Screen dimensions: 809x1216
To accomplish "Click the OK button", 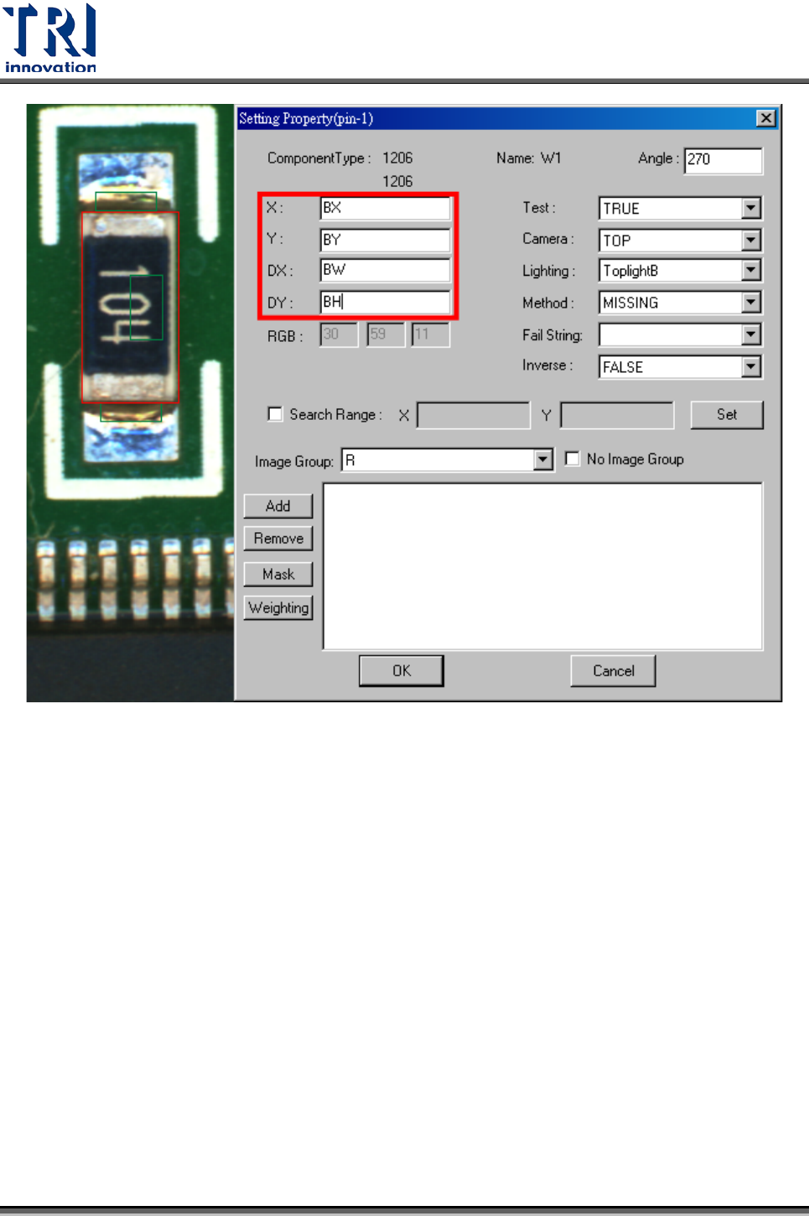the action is (x=402, y=670).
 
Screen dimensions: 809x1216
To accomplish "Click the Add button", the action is (x=277, y=506).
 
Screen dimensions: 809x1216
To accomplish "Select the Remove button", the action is (x=278, y=538).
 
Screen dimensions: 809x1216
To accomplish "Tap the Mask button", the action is (x=278, y=574).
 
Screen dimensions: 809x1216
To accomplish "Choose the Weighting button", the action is (x=278, y=608).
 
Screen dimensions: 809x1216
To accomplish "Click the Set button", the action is (x=727, y=414).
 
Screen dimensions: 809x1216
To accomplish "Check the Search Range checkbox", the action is (x=275, y=414).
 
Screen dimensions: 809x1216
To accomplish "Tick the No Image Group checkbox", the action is (x=573, y=459).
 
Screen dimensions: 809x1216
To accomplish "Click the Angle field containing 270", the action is (x=723, y=159).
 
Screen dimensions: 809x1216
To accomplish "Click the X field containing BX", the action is (x=385, y=208).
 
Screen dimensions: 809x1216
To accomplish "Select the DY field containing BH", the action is (x=385, y=302).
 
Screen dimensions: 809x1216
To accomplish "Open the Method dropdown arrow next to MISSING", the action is (x=751, y=303).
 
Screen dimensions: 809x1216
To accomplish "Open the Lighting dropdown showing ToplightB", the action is (x=680, y=271).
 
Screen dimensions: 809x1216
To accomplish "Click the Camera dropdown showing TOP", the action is (x=680, y=241).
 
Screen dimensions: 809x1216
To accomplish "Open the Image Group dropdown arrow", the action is (x=543, y=460).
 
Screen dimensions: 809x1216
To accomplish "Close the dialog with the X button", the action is (x=765, y=118).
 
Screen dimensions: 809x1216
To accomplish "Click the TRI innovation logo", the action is (x=50, y=39).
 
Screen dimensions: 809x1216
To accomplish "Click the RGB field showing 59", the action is (x=386, y=334).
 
